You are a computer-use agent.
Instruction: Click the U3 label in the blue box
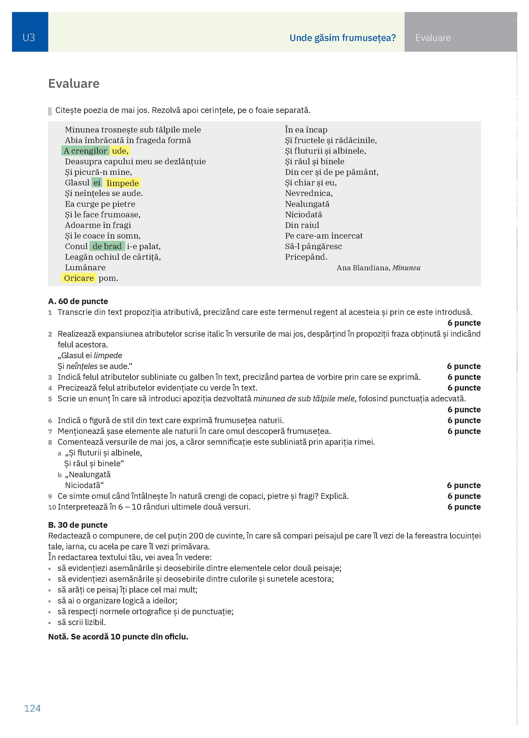[x=29, y=38]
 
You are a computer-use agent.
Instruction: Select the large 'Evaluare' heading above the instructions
[x=74, y=84]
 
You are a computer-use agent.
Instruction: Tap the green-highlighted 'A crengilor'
[x=85, y=151]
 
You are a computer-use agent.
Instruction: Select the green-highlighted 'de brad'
[x=107, y=246]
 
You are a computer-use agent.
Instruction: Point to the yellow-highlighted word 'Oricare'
[x=79, y=278]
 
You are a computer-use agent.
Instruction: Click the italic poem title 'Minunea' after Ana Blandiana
[x=406, y=268]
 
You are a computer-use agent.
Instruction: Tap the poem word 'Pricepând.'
[x=306, y=257]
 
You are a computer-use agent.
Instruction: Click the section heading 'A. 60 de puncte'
[x=78, y=301]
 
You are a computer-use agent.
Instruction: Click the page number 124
[x=32, y=708]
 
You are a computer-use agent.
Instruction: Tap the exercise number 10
[x=52, y=507]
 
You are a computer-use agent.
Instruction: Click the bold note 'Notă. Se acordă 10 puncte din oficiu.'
[x=118, y=637]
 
